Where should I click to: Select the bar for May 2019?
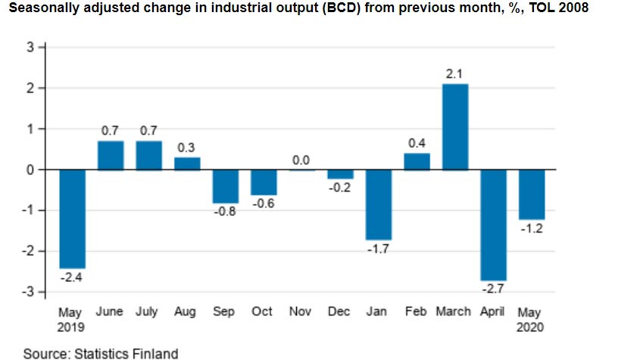(x=72, y=219)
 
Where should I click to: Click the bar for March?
(x=455, y=127)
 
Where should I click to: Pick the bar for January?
(x=379, y=205)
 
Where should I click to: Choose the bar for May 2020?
(x=532, y=195)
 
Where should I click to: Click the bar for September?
(x=226, y=186)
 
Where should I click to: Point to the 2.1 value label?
(x=455, y=74)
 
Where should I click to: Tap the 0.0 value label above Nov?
(x=301, y=160)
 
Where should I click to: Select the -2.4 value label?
(x=72, y=277)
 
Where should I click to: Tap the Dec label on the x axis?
(x=340, y=311)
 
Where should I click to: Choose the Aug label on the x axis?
(x=186, y=311)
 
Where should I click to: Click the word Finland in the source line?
(x=155, y=352)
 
